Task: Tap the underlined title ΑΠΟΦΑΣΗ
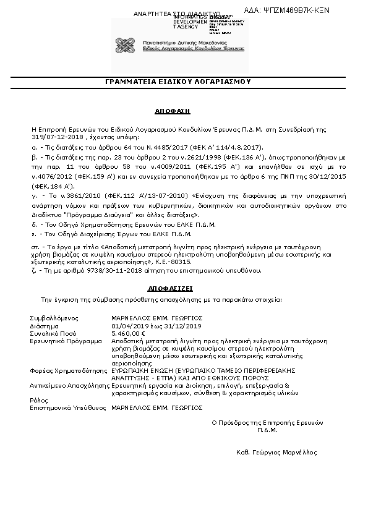tap(173, 110)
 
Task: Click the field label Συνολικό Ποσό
tap(52, 333)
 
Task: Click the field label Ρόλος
tap(38, 400)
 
